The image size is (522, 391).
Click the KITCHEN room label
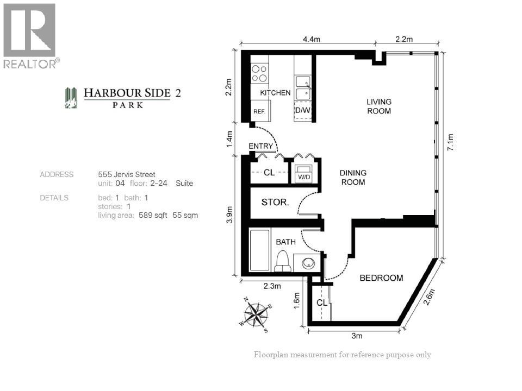[275, 93]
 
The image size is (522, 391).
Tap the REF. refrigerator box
[259, 111]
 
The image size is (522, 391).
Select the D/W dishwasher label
[302, 111]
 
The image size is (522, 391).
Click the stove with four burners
[259, 73]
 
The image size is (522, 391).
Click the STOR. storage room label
[275, 203]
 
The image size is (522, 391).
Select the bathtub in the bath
[259, 250]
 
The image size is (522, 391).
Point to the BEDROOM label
[381, 278]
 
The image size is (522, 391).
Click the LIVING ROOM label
[379, 106]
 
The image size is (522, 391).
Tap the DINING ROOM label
[353, 178]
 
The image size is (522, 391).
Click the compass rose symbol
[256, 314]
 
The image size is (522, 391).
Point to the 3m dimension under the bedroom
[357, 336]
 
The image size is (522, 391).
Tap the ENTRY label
[260, 146]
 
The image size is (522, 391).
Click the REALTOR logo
[30, 36]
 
